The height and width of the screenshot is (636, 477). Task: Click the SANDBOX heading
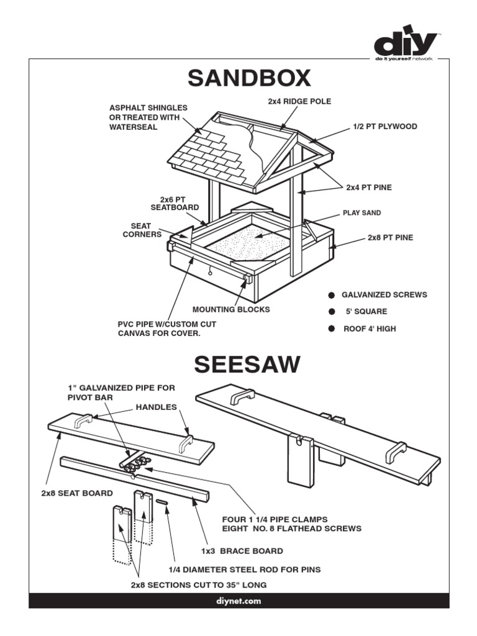pyautogui.click(x=249, y=79)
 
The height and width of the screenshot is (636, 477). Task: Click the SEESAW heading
pyautogui.click(x=247, y=365)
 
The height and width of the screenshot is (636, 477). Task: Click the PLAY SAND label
pyautogui.click(x=361, y=212)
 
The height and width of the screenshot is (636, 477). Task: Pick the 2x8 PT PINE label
pyautogui.click(x=390, y=237)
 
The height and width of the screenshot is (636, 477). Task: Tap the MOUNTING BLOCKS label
pyautogui.click(x=231, y=309)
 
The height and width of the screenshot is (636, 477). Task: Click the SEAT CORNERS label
pyautogui.click(x=142, y=230)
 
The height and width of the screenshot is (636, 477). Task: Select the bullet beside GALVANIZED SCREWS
pyautogui.click(x=332, y=294)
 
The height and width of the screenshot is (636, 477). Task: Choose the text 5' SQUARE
pyautogui.click(x=366, y=312)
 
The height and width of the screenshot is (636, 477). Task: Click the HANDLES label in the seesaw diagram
pyautogui.click(x=156, y=407)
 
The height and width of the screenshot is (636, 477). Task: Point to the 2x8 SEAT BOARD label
pyautogui.click(x=77, y=493)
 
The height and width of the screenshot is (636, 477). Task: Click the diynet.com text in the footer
pyautogui.click(x=238, y=601)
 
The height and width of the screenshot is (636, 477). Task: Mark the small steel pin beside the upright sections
pyautogui.click(x=163, y=501)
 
